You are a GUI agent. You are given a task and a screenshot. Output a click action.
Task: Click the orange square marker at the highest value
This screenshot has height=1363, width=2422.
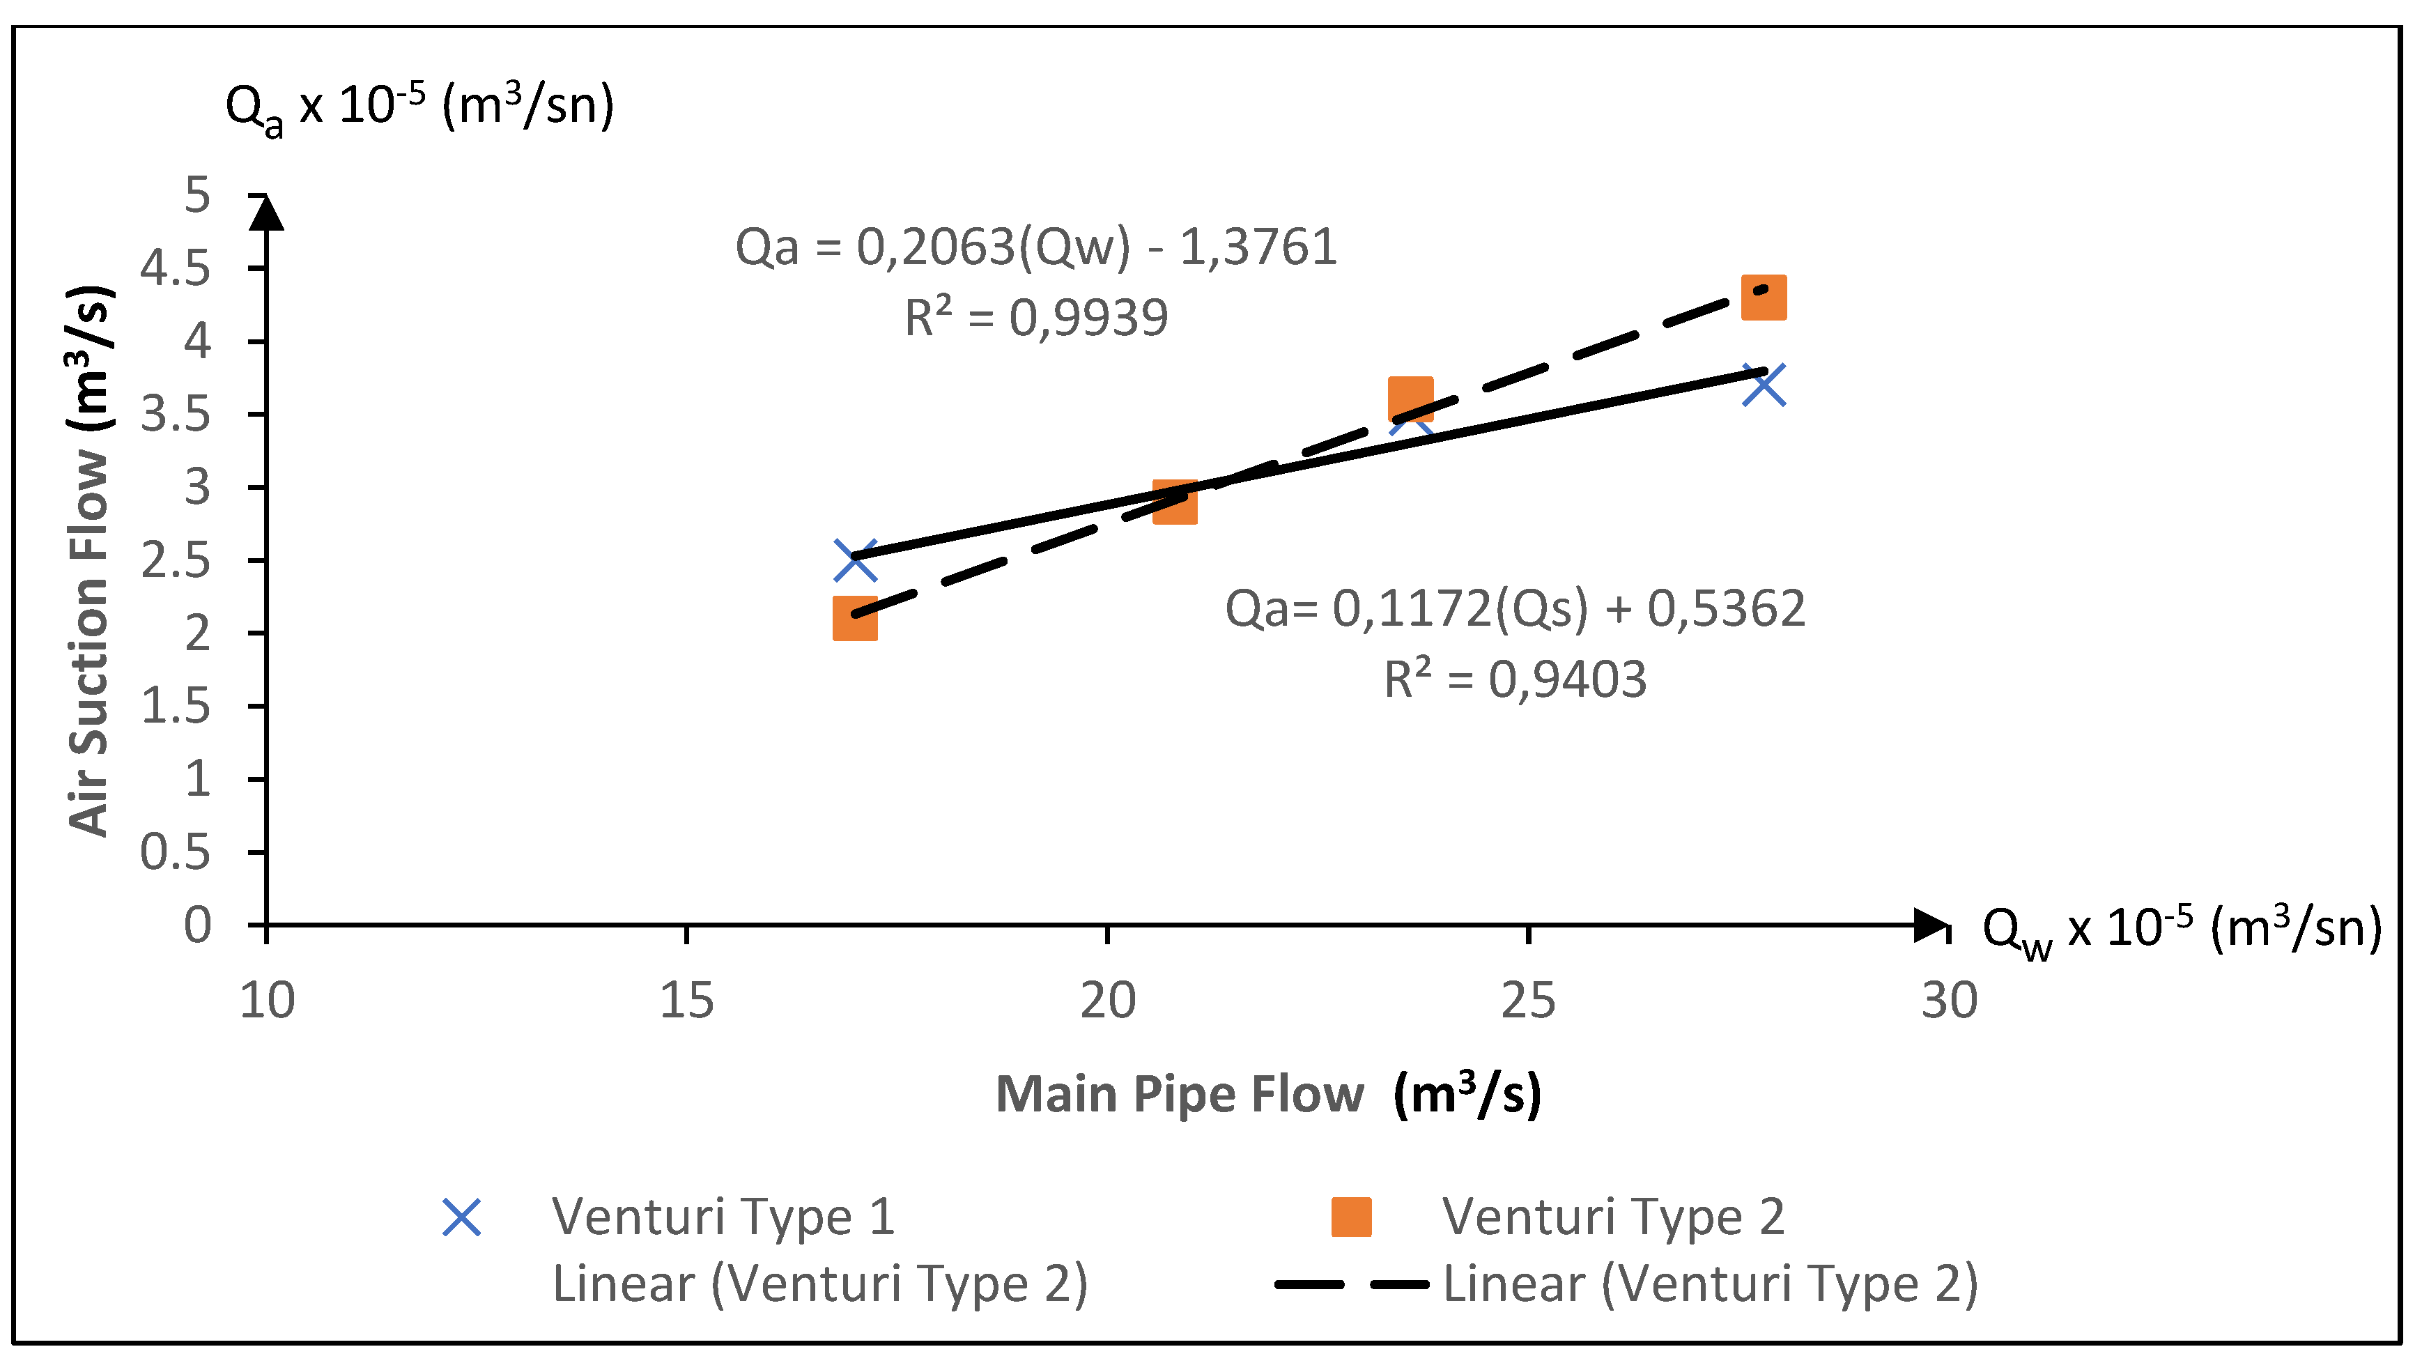click(1763, 298)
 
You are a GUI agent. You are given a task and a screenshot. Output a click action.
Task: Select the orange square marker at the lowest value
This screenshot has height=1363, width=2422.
click(855, 617)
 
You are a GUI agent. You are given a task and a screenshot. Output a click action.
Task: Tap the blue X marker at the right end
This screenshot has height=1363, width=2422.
click(1763, 385)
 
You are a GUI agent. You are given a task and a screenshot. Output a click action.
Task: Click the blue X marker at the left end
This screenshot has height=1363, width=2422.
click(855, 560)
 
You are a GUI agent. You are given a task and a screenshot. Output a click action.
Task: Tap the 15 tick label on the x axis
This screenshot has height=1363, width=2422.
click(686, 1000)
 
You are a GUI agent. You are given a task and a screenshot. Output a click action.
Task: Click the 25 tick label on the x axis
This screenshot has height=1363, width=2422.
click(1528, 1000)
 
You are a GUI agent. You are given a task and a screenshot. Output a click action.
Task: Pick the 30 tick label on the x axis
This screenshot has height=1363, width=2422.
click(1948, 1000)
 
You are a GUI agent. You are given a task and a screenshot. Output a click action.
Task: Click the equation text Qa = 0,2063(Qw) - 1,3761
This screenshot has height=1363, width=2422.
click(1035, 247)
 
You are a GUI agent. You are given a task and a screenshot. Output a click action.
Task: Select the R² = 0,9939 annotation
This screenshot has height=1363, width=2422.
click(1035, 318)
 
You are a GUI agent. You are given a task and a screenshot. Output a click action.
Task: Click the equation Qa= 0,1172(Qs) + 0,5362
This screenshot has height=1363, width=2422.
click(1515, 608)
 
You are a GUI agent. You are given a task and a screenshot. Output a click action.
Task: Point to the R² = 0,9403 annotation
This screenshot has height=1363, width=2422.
click(1515, 679)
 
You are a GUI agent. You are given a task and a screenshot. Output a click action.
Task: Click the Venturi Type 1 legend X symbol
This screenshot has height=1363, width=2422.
click(462, 1217)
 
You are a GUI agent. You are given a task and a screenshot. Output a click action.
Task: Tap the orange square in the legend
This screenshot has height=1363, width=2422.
click(1351, 1217)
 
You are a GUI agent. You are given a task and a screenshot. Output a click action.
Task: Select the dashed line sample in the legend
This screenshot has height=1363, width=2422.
click(1351, 1284)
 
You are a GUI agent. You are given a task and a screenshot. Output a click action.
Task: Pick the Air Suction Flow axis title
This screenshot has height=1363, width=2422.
click(91, 560)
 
